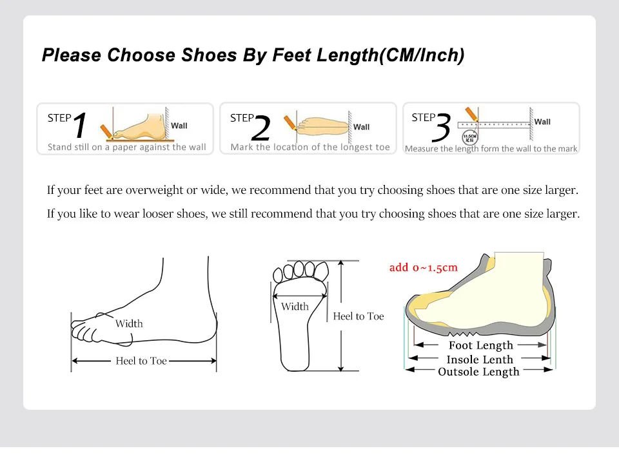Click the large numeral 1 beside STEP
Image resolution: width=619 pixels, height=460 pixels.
pos(80,125)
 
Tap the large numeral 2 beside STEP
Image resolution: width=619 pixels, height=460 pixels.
pos(261,128)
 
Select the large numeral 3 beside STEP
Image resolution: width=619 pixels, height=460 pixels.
pos(442,128)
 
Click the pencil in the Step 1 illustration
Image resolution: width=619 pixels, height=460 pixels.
pos(106,132)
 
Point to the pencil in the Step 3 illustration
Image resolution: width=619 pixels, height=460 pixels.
pos(472,114)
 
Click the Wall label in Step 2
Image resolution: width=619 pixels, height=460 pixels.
pos(361,127)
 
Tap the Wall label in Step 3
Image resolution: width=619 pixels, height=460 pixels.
pos(542,122)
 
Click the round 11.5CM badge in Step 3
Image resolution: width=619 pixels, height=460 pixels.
pos(470,138)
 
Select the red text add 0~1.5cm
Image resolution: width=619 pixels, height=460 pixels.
pos(423,267)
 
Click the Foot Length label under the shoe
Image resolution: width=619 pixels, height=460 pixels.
pos(481,345)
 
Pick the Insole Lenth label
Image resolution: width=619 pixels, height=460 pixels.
pos(480,359)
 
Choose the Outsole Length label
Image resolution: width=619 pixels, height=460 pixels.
pos(478,372)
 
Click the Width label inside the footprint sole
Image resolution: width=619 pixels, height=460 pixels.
pos(295,307)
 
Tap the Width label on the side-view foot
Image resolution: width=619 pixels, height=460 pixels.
pos(129,323)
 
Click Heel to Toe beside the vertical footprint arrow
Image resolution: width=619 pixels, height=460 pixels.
pos(359,316)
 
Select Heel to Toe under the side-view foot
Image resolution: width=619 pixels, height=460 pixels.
pos(141,361)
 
